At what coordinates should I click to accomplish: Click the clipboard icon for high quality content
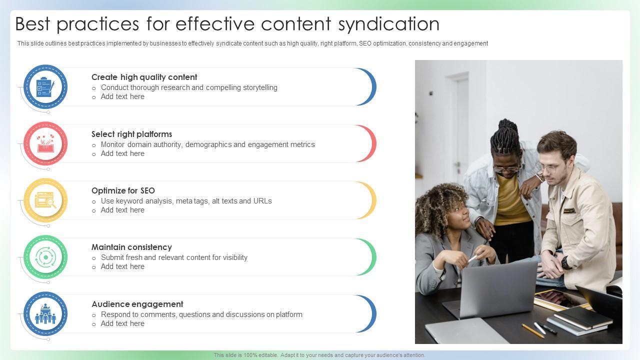click(x=45, y=87)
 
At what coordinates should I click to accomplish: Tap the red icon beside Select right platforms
click(x=45, y=144)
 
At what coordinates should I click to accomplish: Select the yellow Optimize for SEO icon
click(x=45, y=200)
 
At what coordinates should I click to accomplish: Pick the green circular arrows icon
click(x=45, y=257)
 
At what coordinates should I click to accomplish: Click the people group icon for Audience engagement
click(x=45, y=314)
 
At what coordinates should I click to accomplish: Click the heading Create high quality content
click(x=144, y=77)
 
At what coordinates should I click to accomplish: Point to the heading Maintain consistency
click(x=131, y=247)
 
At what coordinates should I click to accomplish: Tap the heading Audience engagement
click(x=137, y=304)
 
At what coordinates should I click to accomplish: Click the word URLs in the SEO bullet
click(x=262, y=201)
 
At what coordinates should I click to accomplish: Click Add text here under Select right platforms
click(x=122, y=153)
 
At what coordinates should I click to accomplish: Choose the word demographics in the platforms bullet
click(x=208, y=144)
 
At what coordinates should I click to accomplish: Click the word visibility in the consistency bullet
click(x=229, y=257)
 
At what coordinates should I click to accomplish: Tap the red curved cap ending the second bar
click(x=370, y=144)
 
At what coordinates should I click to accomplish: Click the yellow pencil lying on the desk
click(x=533, y=330)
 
